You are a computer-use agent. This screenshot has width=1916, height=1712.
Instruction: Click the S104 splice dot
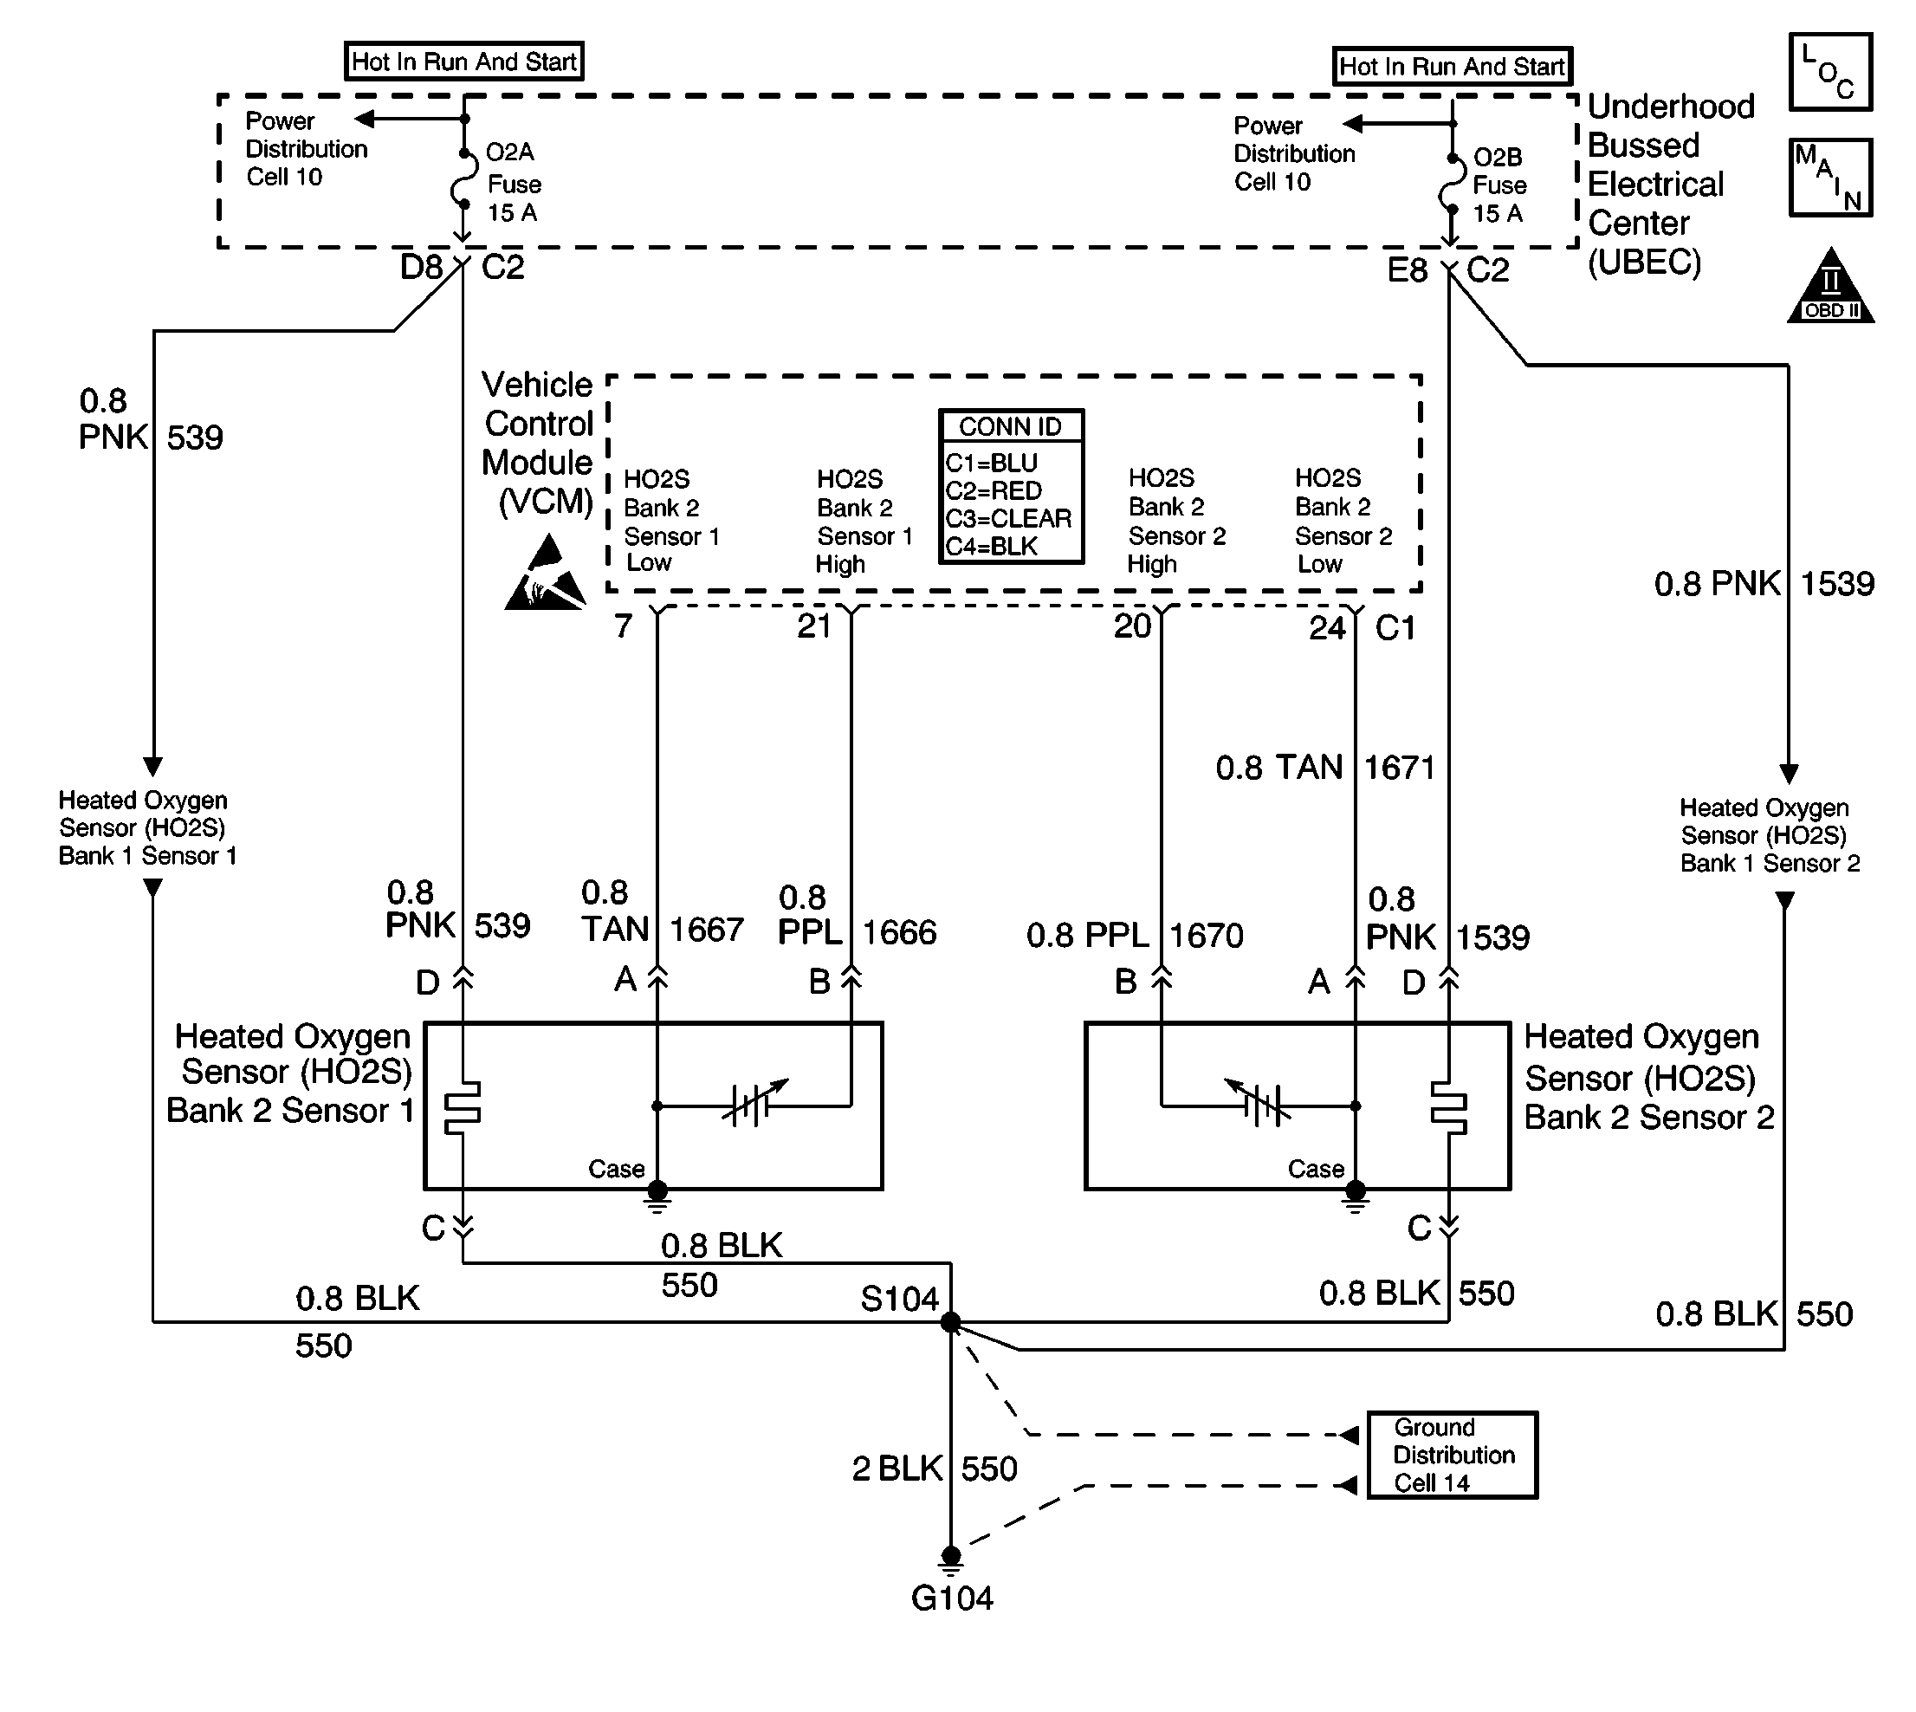(x=951, y=1323)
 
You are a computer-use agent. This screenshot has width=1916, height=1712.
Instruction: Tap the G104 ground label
(x=952, y=1599)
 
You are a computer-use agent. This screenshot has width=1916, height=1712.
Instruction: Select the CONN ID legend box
(x=1011, y=486)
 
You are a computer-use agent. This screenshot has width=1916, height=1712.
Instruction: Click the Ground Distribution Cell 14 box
(x=1452, y=1455)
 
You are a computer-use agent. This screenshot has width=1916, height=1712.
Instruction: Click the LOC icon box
(x=1830, y=73)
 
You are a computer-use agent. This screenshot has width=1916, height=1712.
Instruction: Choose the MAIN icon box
(x=1830, y=178)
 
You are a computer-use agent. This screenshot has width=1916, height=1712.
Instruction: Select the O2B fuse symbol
(x=1452, y=184)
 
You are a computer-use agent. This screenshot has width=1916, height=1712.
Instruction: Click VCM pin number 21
(x=814, y=626)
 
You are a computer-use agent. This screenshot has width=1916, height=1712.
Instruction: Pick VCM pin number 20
(x=1132, y=626)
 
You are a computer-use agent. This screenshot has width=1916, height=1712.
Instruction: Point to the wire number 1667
(x=707, y=931)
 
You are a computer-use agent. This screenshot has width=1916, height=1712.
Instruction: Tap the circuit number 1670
(x=1207, y=936)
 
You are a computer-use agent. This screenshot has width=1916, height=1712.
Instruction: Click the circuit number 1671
(x=1400, y=768)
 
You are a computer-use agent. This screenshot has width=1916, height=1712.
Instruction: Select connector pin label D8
(x=420, y=268)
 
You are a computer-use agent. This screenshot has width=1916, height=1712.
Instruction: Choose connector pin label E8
(x=1408, y=271)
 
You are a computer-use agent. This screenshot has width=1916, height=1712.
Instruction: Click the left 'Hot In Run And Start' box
(x=463, y=62)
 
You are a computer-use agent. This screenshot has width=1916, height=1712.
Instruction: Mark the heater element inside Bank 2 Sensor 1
(x=462, y=1107)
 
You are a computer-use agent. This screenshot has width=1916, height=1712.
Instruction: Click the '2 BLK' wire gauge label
(x=897, y=1469)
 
